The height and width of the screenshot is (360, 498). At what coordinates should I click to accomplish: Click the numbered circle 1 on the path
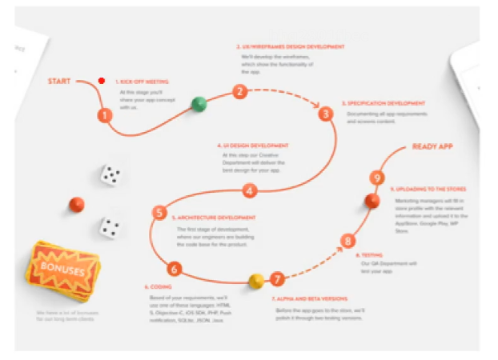click(x=105, y=116)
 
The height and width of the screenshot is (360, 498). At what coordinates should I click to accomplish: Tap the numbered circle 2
click(x=239, y=91)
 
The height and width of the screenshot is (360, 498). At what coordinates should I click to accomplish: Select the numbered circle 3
click(x=325, y=114)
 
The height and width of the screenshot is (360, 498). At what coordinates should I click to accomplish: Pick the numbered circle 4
click(x=250, y=190)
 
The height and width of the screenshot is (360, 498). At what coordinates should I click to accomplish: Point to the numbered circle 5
click(x=159, y=212)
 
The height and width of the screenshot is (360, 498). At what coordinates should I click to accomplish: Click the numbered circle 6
click(x=175, y=269)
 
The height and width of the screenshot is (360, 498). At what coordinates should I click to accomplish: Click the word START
click(x=62, y=82)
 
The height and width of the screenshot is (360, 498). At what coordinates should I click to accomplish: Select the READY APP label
click(x=434, y=146)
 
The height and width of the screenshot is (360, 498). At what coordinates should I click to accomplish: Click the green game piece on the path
click(x=199, y=103)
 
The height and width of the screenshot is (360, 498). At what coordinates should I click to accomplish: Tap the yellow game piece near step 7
click(x=256, y=281)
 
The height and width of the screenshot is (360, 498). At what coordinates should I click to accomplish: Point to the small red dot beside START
click(x=102, y=81)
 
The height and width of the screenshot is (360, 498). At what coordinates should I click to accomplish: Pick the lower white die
click(x=110, y=227)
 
